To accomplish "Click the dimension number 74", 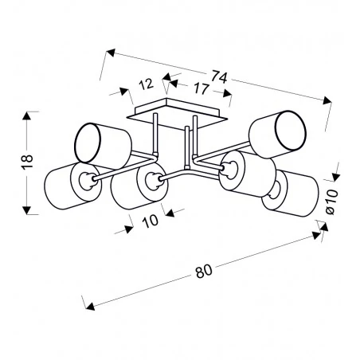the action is (x=220, y=77).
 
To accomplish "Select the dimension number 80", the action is (x=204, y=271).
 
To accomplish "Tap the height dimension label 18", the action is (x=28, y=161).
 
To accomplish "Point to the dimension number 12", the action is (x=147, y=84).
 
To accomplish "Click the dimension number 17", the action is (x=201, y=88).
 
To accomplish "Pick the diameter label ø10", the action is (x=332, y=202).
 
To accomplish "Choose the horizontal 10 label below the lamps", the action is (x=151, y=221).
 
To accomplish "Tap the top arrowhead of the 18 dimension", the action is (x=26, y=116).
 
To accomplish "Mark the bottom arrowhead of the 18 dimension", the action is (x=26, y=209).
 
